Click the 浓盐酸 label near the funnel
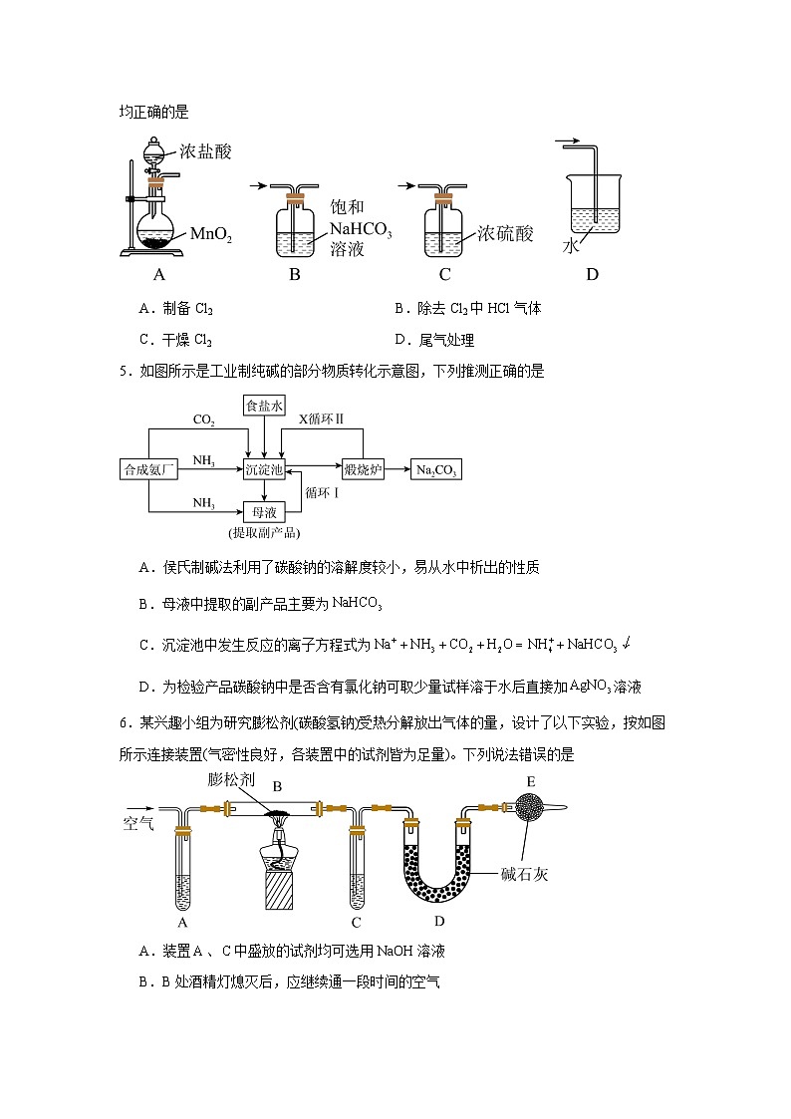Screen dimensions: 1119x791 point(205,151)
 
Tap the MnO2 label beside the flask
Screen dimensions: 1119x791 point(210,234)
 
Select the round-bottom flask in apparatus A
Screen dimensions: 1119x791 point(153,230)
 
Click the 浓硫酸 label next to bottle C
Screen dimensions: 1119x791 point(505,233)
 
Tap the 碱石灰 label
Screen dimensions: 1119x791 point(525,875)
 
